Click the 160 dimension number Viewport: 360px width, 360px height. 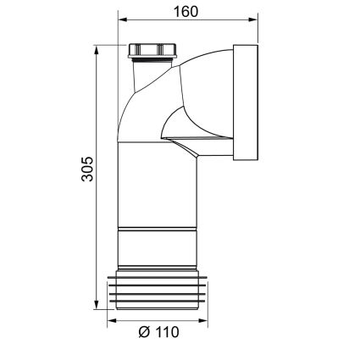pos(186,12)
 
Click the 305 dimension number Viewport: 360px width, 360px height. pos(87,169)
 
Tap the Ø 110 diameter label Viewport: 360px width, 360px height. pos(159,332)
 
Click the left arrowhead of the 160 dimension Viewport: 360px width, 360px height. pos(123,19)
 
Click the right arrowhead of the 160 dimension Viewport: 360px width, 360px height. pos(253,19)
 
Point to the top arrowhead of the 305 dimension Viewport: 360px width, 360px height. pos(97,50)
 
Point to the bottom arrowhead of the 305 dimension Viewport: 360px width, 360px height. pos(97,304)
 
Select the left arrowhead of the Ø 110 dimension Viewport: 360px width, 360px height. pos(112,321)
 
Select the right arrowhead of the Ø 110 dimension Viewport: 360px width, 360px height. pos(203,321)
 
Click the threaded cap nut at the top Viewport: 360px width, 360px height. pos(152,51)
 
